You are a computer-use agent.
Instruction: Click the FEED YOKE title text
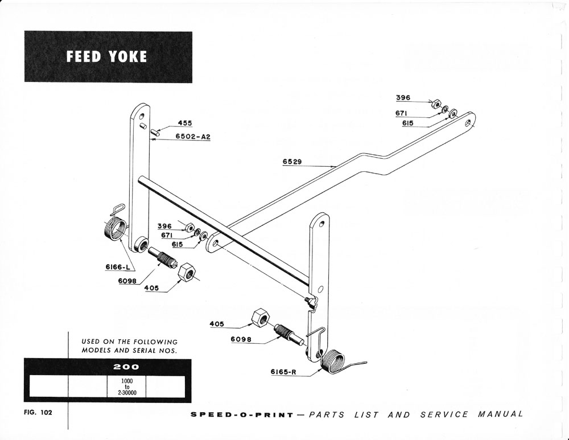(106, 57)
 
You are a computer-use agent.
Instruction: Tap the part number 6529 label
(292, 162)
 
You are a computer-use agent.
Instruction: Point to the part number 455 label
(185, 123)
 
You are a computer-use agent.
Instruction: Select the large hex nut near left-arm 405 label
(187, 272)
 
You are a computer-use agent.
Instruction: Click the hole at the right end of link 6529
(468, 121)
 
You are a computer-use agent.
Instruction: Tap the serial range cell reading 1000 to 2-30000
(126, 386)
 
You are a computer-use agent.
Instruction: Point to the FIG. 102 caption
(38, 413)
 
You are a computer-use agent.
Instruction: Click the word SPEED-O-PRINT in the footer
(241, 415)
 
